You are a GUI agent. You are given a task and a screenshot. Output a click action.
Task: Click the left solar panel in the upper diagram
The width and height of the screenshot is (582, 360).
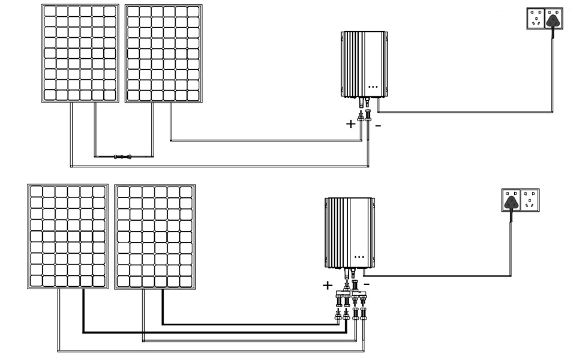(80, 53)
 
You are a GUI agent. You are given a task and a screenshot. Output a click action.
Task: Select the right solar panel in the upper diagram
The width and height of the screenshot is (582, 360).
(163, 53)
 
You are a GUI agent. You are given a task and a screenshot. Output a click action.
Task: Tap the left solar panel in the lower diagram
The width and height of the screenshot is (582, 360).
(68, 236)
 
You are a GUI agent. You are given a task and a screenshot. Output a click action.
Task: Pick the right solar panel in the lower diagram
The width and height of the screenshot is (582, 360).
(155, 236)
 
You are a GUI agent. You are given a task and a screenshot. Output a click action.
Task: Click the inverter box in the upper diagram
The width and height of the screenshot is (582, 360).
(363, 64)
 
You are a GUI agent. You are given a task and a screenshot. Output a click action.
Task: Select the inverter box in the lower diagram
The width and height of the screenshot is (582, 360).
(349, 233)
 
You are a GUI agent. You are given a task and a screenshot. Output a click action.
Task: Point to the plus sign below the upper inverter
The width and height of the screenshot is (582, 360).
(350, 125)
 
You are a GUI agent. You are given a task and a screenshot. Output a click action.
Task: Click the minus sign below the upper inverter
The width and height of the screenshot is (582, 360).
(377, 126)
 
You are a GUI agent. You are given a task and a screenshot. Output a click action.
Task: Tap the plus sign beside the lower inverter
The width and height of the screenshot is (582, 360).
(327, 286)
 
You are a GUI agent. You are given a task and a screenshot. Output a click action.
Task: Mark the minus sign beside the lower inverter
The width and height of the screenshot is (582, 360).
(367, 283)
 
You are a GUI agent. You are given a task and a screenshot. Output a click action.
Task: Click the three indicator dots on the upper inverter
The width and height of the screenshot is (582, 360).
(372, 86)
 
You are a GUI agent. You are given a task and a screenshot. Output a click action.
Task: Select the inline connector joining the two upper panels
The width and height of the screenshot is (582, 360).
(122, 157)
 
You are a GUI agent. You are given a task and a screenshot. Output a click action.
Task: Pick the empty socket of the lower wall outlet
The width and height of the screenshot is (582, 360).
(530, 200)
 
